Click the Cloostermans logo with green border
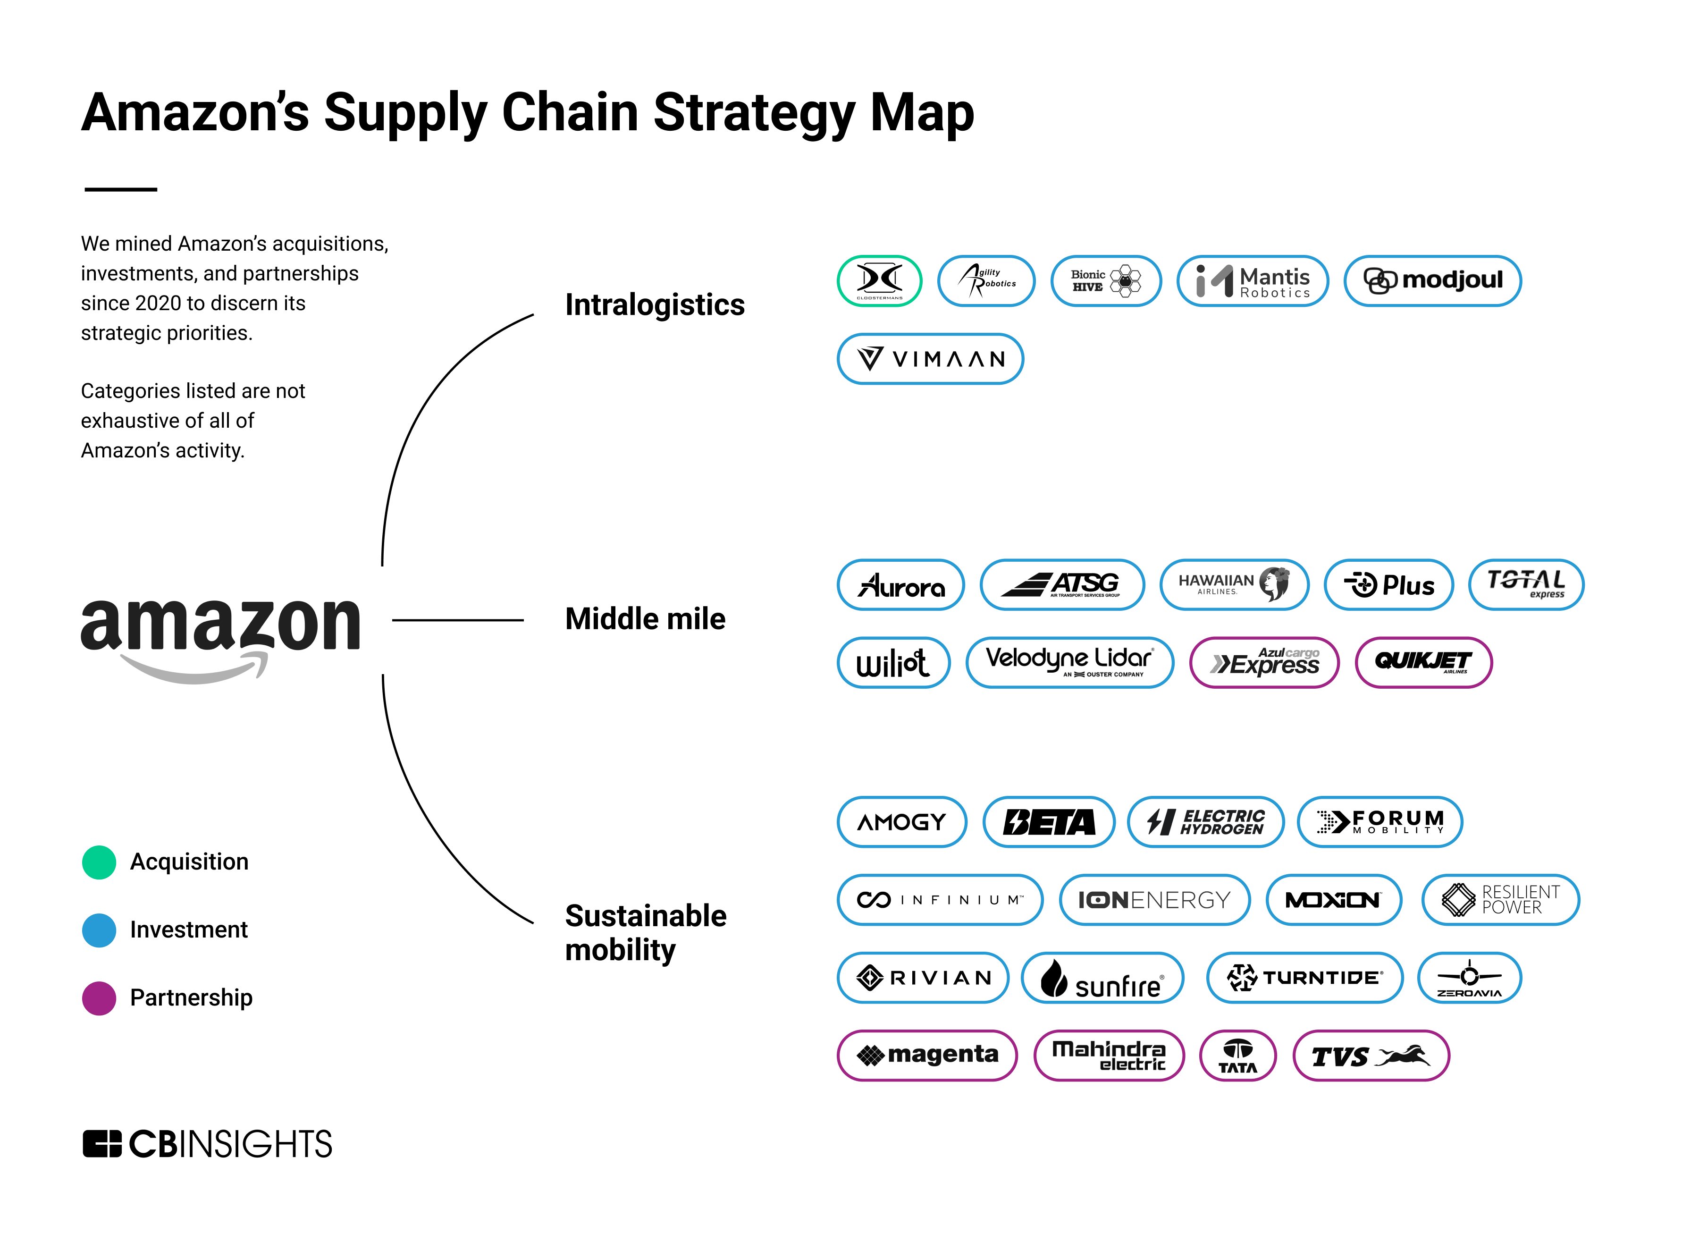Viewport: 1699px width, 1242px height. [879, 280]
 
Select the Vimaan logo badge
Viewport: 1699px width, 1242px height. [930, 359]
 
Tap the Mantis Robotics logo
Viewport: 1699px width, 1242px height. [1252, 280]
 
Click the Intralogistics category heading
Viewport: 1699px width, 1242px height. [654, 304]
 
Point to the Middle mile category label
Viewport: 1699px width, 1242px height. [645, 619]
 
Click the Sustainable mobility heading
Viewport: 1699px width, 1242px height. [645, 932]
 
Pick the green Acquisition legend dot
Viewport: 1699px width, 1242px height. [99, 862]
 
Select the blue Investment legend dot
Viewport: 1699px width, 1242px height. [99, 930]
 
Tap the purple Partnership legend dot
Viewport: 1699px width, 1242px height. [99, 997]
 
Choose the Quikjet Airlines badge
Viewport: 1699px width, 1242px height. [1422, 662]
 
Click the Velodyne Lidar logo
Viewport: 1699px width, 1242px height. [1068, 662]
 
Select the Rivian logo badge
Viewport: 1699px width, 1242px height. [922, 977]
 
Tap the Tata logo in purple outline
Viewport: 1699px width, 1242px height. [1237, 1056]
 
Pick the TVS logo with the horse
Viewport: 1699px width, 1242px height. [1370, 1056]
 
